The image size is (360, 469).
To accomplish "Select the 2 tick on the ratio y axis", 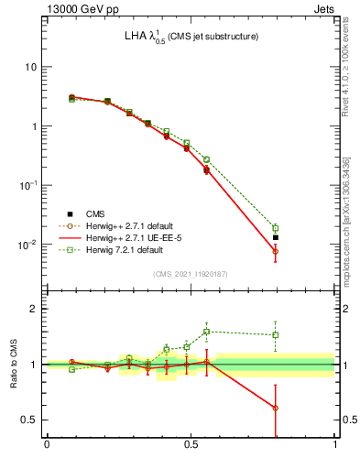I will click(34, 309).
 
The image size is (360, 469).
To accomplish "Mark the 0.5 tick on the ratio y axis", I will click(29, 420).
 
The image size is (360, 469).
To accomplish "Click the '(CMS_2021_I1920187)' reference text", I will click(191, 273).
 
